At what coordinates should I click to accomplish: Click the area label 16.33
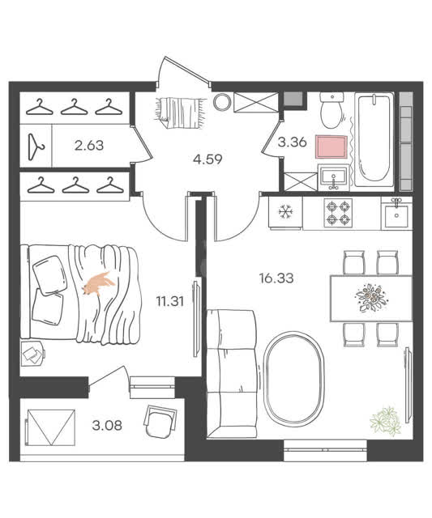pyautogui.click(x=276, y=278)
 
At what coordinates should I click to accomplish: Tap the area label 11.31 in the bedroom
pyautogui.click(x=169, y=301)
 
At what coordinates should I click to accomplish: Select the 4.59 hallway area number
pyautogui.click(x=207, y=159)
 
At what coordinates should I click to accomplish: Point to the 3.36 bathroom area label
pyautogui.click(x=292, y=142)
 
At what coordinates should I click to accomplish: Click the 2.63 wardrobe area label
pyautogui.click(x=89, y=146)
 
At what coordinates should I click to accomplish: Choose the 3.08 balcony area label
pyautogui.click(x=107, y=426)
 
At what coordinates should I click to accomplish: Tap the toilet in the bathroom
pyautogui.click(x=332, y=110)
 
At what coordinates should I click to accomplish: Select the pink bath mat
pyautogui.click(x=331, y=146)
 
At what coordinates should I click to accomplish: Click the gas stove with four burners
pyautogui.click(x=338, y=213)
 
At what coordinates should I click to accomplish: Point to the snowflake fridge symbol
pyautogui.click(x=284, y=212)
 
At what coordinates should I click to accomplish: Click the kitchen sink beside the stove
pyautogui.click(x=396, y=214)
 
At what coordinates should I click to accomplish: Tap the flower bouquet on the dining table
pyautogui.click(x=370, y=297)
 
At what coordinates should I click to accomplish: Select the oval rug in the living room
pyautogui.click(x=293, y=380)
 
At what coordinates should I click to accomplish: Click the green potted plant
pyautogui.click(x=386, y=421)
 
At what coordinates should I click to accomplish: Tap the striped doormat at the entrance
pyautogui.click(x=178, y=113)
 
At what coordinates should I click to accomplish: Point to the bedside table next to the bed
pyautogui.click(x=32, y=354)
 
